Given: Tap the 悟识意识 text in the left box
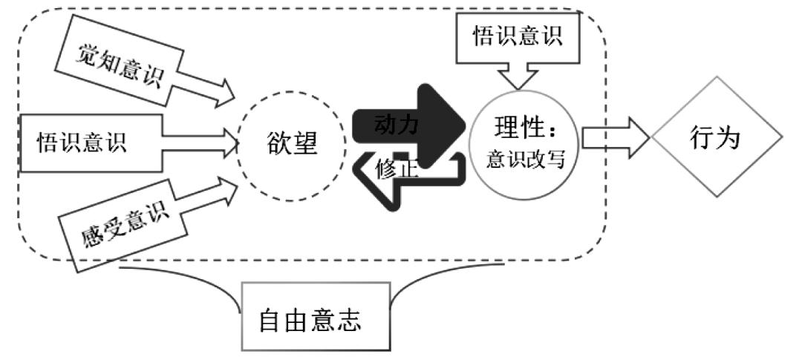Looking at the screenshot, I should pyautogui.click(x=82, y=141).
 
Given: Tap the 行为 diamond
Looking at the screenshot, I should pyautogui.click(x=716, y=138).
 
